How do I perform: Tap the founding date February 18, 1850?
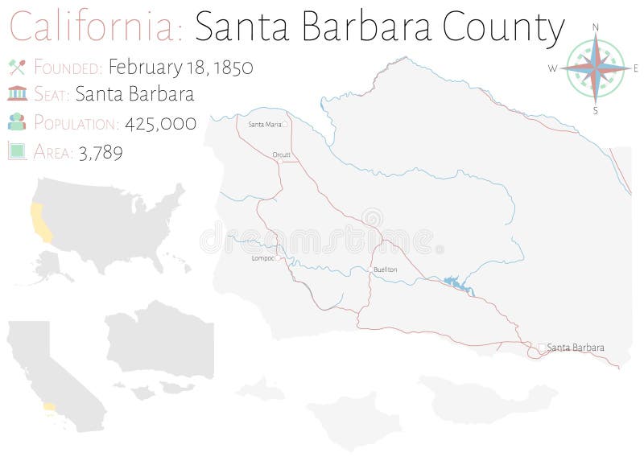click(180, 68)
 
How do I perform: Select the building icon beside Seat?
click(16, 95)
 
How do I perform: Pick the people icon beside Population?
click(16, 122)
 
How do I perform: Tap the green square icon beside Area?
click(16, 150)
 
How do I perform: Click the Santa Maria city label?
click(264, 125)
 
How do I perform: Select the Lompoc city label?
click(262, 259)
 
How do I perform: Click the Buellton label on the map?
click(385, 270)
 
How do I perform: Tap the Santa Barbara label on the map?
click(575, 348)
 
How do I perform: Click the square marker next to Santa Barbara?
click(542, 348)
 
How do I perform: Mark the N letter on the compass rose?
click(596, 27)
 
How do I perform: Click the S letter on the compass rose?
click(596, 110)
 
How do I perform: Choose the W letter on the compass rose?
click(553, 69)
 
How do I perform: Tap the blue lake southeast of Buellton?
click(453, 282)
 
